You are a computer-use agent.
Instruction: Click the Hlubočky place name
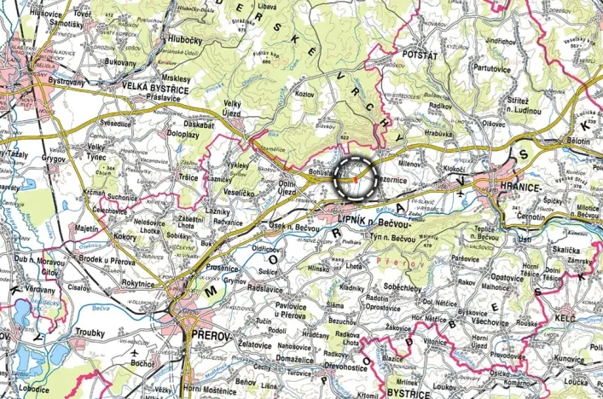coord(185,40)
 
